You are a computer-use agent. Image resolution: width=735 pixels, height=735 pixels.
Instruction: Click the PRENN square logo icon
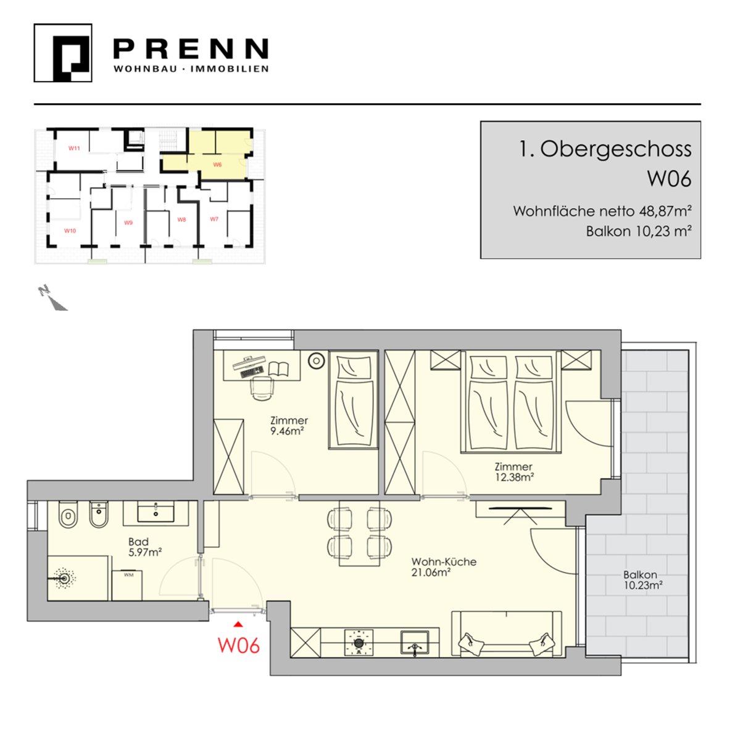pyautogui.click(x=63, y=53)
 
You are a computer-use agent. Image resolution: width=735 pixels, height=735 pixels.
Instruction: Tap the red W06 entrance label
pyautogui.click(x=239, y=646)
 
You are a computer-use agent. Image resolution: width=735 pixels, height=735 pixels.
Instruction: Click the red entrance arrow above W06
pyautogui.click(x=239, y=624)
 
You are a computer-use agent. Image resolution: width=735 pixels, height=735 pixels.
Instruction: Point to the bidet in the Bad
pyautogui.click(x=99, y=515)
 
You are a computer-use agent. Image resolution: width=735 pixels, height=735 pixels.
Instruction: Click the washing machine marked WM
pyautogui.click(x=127, y=584)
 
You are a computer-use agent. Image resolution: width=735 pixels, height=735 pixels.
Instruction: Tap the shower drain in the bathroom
pyautogui.click(x=64, y=578)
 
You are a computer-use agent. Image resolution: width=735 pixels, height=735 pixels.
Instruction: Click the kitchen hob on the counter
pyautogui.click(x=359, y=642)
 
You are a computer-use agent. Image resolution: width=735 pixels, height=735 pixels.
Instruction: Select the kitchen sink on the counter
pyautogui.click(x=415, y=642)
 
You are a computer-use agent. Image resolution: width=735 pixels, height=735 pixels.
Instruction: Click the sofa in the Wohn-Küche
pyautogui.click(x=506, y=634)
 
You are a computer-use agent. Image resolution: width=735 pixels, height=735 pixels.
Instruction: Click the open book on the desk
pyautogui.click(x=278, y=369)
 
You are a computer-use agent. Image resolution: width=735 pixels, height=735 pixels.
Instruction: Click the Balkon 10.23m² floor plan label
pyautogui.click(x=642, y=580)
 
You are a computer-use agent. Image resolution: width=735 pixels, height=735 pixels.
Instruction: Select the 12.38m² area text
pyautogui.click(x=514, y=478)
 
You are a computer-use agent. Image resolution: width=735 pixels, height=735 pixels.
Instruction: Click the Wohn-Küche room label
pyautogui.click(x=444, y=562)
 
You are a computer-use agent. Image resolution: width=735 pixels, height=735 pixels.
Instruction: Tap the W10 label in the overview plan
pyautogui.click(x=70, y=231)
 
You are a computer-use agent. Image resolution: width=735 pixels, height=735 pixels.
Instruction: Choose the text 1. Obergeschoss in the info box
pyautogui.click(x=605, y=149)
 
